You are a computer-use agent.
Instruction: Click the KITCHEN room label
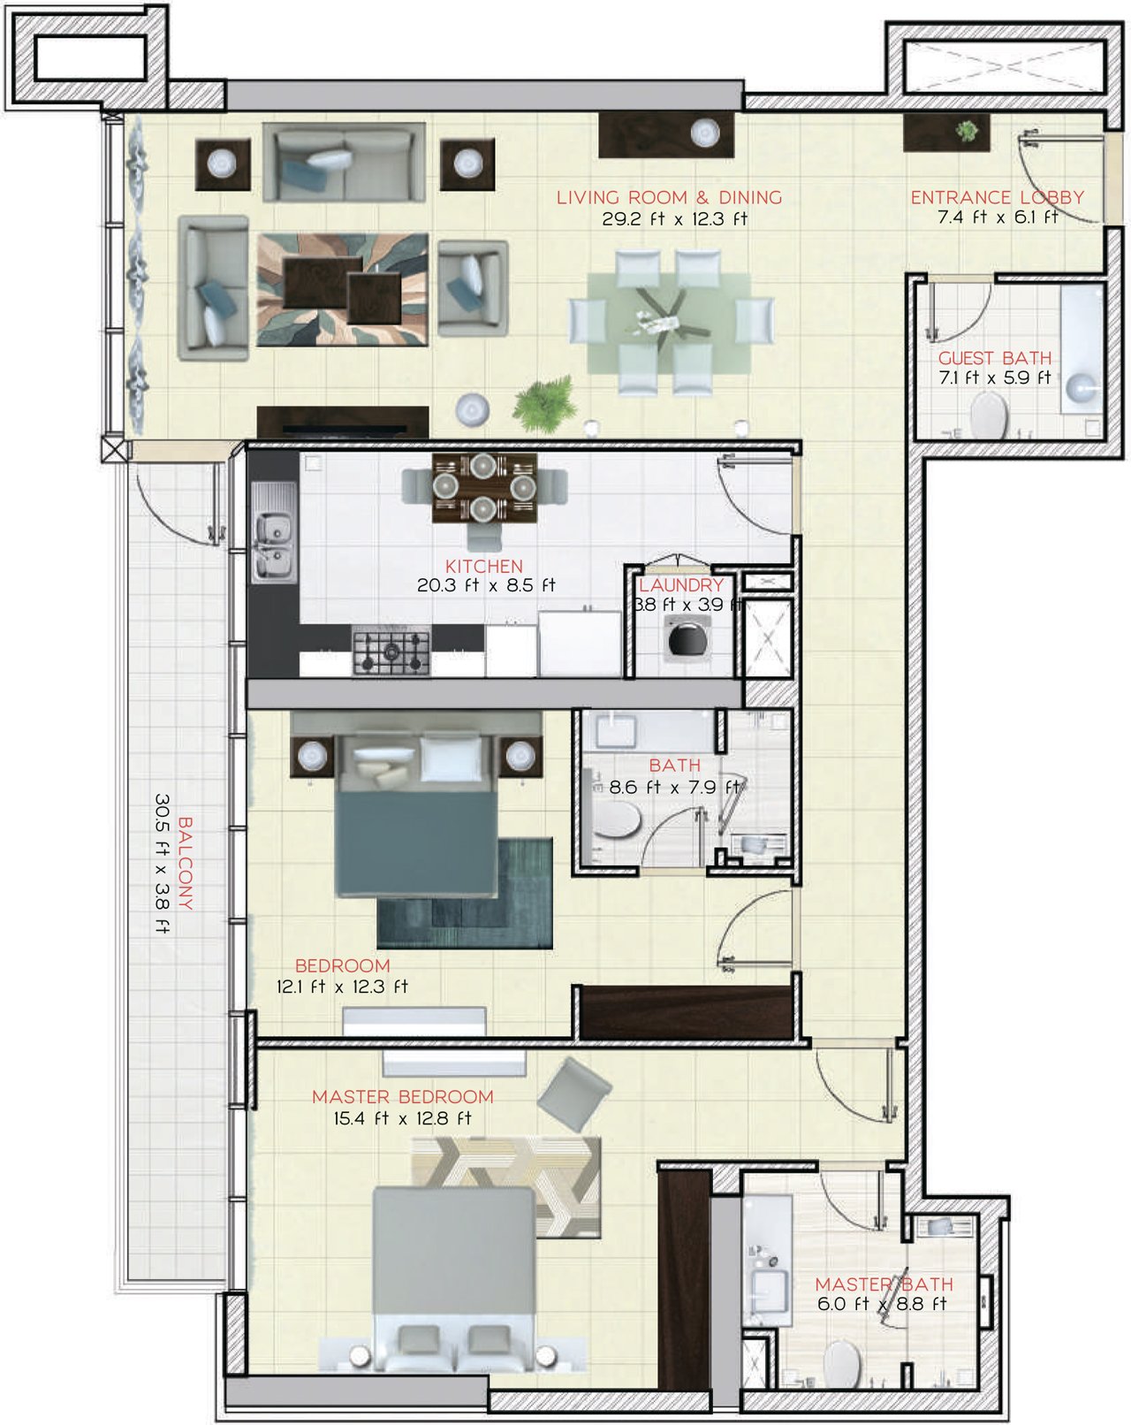coord(484,566)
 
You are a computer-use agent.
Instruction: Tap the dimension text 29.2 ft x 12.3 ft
coord(674,219)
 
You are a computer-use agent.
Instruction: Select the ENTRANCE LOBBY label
coord(998,197)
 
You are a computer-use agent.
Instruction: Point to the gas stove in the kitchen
coord(391,651)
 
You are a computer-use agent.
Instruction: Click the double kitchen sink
coord(274,533)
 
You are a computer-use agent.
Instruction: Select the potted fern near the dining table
coord(545,403)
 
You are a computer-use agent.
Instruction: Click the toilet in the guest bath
coord(989,415)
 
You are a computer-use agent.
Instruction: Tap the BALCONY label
coord(186,863)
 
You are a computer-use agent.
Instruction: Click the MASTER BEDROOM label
coord(402,1096)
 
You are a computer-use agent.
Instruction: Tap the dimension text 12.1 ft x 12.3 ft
coord(341,987)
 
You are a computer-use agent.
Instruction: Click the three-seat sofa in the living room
coord(344,163)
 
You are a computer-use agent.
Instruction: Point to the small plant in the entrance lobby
coord(967,131)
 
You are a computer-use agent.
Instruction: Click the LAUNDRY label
coord(681,585)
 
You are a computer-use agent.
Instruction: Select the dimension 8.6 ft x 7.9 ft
coord(674,788)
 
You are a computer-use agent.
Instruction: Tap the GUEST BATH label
coord(995,358)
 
